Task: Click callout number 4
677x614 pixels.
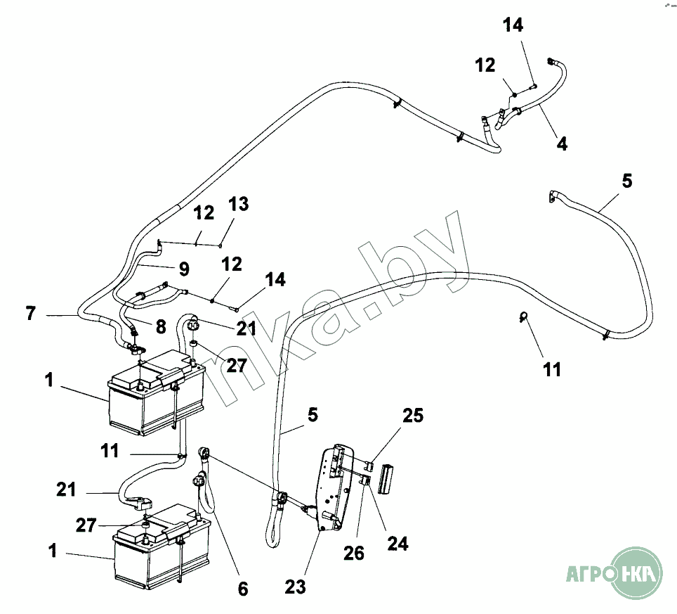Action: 562,143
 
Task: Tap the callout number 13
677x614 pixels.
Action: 239,204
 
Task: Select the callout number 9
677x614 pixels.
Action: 184,269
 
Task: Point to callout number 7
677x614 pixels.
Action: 30,313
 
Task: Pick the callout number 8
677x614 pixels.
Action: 161,327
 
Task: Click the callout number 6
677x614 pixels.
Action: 243,589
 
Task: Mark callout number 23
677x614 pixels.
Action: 296,587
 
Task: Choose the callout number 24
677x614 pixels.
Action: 397,544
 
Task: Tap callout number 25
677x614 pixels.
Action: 413,416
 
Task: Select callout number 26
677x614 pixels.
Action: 354,553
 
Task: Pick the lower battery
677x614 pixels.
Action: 162,546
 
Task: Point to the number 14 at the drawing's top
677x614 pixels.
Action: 513,25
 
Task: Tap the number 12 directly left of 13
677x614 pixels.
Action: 204,212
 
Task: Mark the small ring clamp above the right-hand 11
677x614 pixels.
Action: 523,316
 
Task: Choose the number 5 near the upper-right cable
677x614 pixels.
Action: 627,181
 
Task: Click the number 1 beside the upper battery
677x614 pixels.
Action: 48,380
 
